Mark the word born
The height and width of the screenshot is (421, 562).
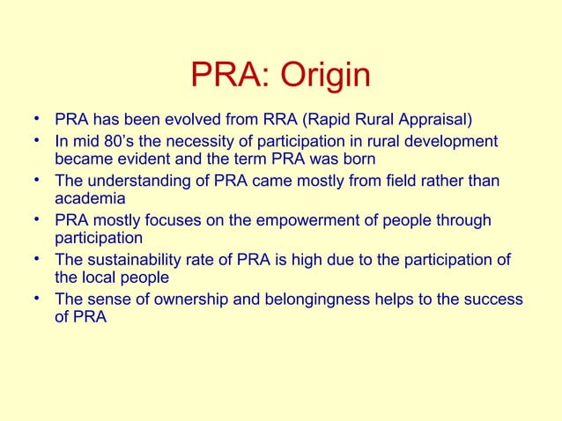click(x=359, y=159)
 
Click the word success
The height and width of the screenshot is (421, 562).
click(x=494, y=299)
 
